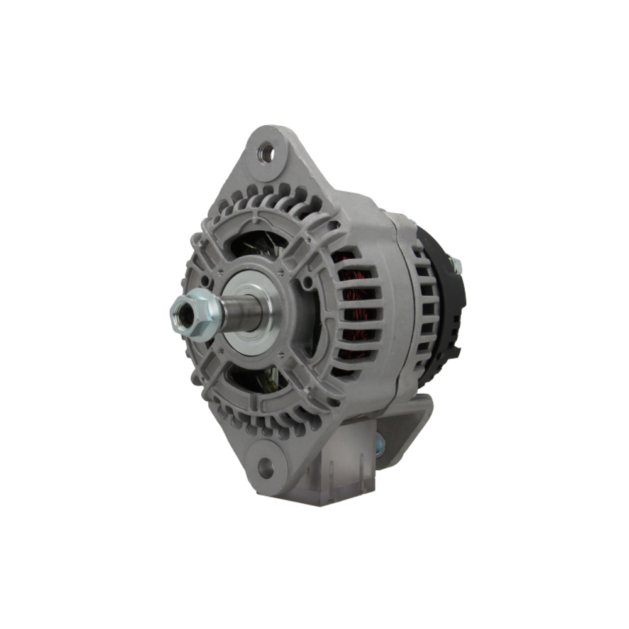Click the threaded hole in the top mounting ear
coord(266,151)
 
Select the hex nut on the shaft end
coord(192,314)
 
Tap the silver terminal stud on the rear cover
coord(455,265)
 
